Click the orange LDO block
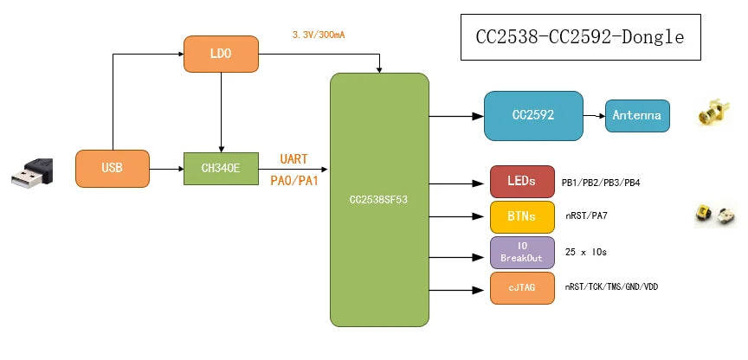coord(221,54)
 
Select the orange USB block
coord(112,169)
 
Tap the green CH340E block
coord(221,169)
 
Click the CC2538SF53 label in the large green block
coord(379,199)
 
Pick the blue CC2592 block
coord(532,115)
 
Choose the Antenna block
coord(637,115)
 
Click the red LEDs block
coord(520,182)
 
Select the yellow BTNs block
coord(520,216)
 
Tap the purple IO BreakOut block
coord(520,252)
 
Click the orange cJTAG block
coord(520,287)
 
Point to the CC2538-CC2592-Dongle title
coord(580,37)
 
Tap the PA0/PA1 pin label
coord(295,181)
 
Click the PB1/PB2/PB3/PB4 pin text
coord(601,183)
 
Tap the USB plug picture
coord(32,172)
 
